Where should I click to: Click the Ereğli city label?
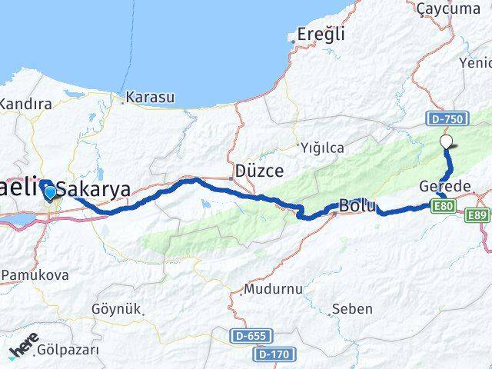pos(321,35)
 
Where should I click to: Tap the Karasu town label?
pos(150,98)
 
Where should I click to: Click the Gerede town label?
pos(446,188)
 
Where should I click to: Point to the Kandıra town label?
pos(26,103)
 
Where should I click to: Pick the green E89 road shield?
pos(477,215)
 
